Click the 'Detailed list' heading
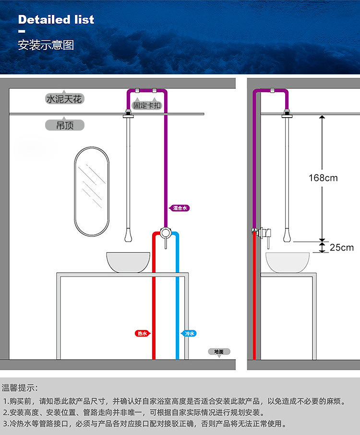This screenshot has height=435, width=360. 56,20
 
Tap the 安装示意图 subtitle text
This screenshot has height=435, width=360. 46,45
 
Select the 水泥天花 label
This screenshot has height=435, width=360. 64,99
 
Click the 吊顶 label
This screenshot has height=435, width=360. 64,125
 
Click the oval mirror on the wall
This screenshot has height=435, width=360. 92,191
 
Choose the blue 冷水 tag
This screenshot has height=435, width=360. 189,333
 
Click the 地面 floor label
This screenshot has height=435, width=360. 219,351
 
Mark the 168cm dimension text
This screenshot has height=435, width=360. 323,178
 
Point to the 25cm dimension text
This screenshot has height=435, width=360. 341,247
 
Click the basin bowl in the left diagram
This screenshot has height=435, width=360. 127,263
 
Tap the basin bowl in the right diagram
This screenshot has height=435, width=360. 287,262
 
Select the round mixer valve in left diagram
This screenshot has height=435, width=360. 166,233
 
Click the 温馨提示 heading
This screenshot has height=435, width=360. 20,387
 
